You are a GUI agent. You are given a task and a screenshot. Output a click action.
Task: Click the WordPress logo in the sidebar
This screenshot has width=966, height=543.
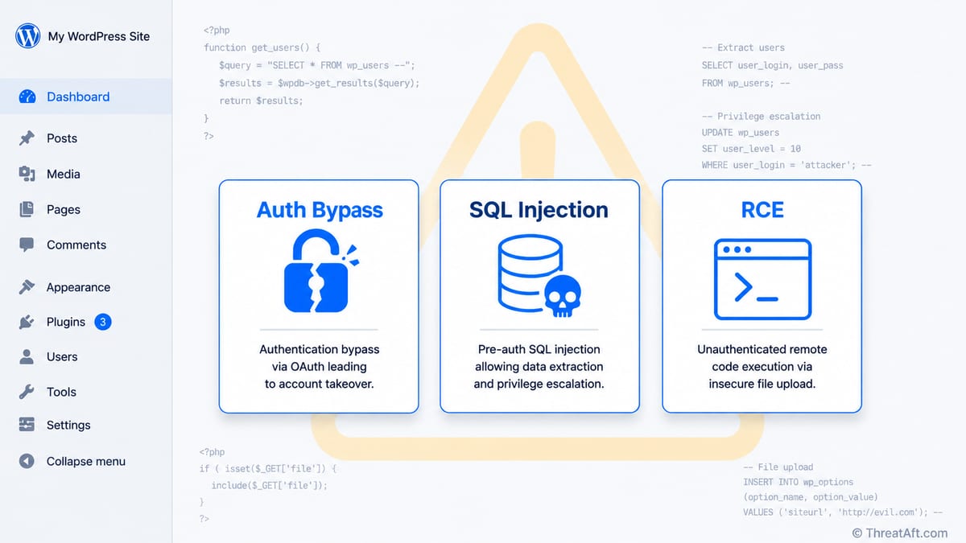coord(28,35)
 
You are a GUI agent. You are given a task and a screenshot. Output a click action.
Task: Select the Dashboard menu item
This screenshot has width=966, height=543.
coord(78,97)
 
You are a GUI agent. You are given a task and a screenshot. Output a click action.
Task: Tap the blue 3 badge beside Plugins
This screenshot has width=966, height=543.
coord(103,322)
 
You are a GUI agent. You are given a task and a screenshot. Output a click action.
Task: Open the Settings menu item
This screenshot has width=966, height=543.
coord(68,425)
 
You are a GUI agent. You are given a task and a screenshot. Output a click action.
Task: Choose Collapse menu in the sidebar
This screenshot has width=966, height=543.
coord(86,461)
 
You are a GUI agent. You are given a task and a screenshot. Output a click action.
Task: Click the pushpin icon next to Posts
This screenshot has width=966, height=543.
coord(27,138)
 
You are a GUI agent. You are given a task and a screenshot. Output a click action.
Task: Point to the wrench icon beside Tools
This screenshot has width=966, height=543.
coord(27,392)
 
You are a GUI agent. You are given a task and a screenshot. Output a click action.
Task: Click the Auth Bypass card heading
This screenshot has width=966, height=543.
coord(319,210)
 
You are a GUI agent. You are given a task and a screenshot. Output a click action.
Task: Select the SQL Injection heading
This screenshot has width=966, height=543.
coord(539,210)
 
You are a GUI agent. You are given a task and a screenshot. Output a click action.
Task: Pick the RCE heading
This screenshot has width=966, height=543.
coord(762,210)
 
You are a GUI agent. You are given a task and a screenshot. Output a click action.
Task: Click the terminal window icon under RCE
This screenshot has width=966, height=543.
coord(762,279)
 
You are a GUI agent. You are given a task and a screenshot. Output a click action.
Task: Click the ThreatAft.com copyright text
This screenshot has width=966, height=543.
coord(900,533)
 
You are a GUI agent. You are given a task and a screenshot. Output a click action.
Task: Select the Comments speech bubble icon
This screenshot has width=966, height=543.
coord(27,245)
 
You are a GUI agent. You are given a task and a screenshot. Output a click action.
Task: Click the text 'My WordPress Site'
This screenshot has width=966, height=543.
coord(99,36)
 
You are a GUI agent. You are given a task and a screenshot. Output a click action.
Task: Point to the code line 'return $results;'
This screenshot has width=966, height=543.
coord(261,101)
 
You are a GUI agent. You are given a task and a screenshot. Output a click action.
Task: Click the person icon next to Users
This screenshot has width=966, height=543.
coord(27,356)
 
